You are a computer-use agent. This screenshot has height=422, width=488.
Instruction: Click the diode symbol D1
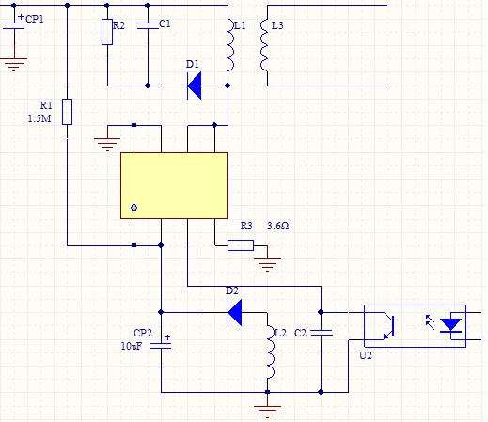pos(195,86)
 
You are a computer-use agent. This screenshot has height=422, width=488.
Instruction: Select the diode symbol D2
pos(235,312)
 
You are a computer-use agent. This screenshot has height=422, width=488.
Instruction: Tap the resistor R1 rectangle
pos(67,112)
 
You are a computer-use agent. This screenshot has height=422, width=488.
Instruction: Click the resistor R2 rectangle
pos(107,32)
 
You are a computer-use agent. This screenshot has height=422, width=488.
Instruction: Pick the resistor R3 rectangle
pos(241,245)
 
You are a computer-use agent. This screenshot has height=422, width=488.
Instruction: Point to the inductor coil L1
pos(230,45)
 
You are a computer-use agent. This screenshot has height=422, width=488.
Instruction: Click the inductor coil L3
pos(264,45)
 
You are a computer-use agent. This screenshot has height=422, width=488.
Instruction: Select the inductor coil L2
pos(271,352)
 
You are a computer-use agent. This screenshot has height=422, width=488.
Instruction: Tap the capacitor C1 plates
pos(148,26)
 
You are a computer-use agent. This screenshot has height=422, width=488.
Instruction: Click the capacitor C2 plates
pos(322,333)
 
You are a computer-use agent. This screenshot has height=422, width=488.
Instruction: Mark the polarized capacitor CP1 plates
pos(14,25)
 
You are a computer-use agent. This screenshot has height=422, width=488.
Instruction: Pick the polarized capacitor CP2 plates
pos(161,345)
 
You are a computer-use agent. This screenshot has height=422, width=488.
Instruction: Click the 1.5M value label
pos(39,118)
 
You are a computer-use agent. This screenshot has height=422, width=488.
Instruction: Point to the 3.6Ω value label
pos(278,226)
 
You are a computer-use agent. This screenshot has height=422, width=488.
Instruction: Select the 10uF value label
pos(132,346)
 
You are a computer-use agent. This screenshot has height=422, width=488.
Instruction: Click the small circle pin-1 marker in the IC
pos(134,208)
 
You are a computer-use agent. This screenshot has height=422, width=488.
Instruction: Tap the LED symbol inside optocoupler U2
pos(450,325)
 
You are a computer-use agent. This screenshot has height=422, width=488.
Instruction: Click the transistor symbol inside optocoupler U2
pos(387,326)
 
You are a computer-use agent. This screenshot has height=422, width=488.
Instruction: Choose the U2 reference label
pos(366,355)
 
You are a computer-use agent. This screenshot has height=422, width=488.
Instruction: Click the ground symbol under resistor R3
pos(267,265)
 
